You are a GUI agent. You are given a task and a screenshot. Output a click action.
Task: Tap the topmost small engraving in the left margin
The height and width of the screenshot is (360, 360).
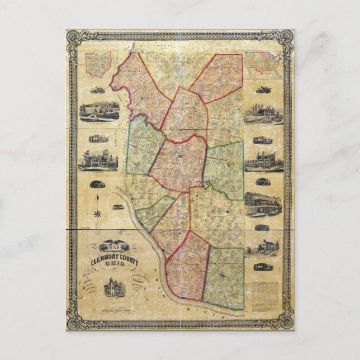point(98,89)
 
